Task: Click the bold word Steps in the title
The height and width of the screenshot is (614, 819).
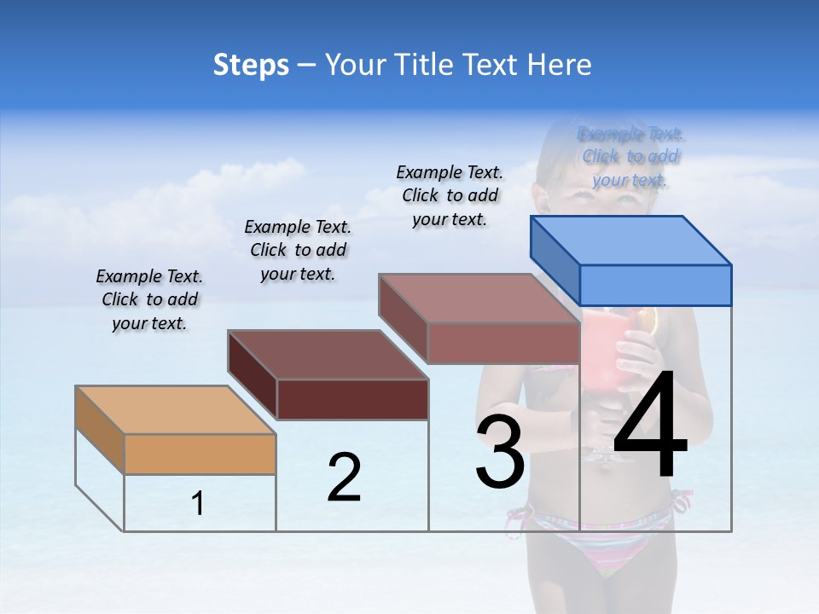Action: pos(251,65)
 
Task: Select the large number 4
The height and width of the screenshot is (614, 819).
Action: pos(650,426)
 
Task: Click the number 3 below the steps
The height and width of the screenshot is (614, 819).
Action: pos(500,452)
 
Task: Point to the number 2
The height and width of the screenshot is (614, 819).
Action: pos(344,478)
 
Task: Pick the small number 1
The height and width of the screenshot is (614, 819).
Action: pos(198,504)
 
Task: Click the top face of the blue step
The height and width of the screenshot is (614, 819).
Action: pos(631,240)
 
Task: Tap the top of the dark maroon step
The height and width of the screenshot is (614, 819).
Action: pos(328,354)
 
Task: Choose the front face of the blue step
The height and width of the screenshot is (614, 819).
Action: pos(655,285)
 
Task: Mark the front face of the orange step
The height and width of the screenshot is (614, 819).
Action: pos(200,454)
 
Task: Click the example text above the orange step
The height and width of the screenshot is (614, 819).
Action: pos(149,299)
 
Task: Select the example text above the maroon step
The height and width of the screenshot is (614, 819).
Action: pos(298,250)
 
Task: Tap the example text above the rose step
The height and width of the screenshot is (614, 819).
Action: pos(450,195)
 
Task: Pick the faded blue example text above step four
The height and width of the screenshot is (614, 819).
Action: pos(630,157)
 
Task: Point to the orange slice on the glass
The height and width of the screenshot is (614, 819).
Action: pos(648,321)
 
